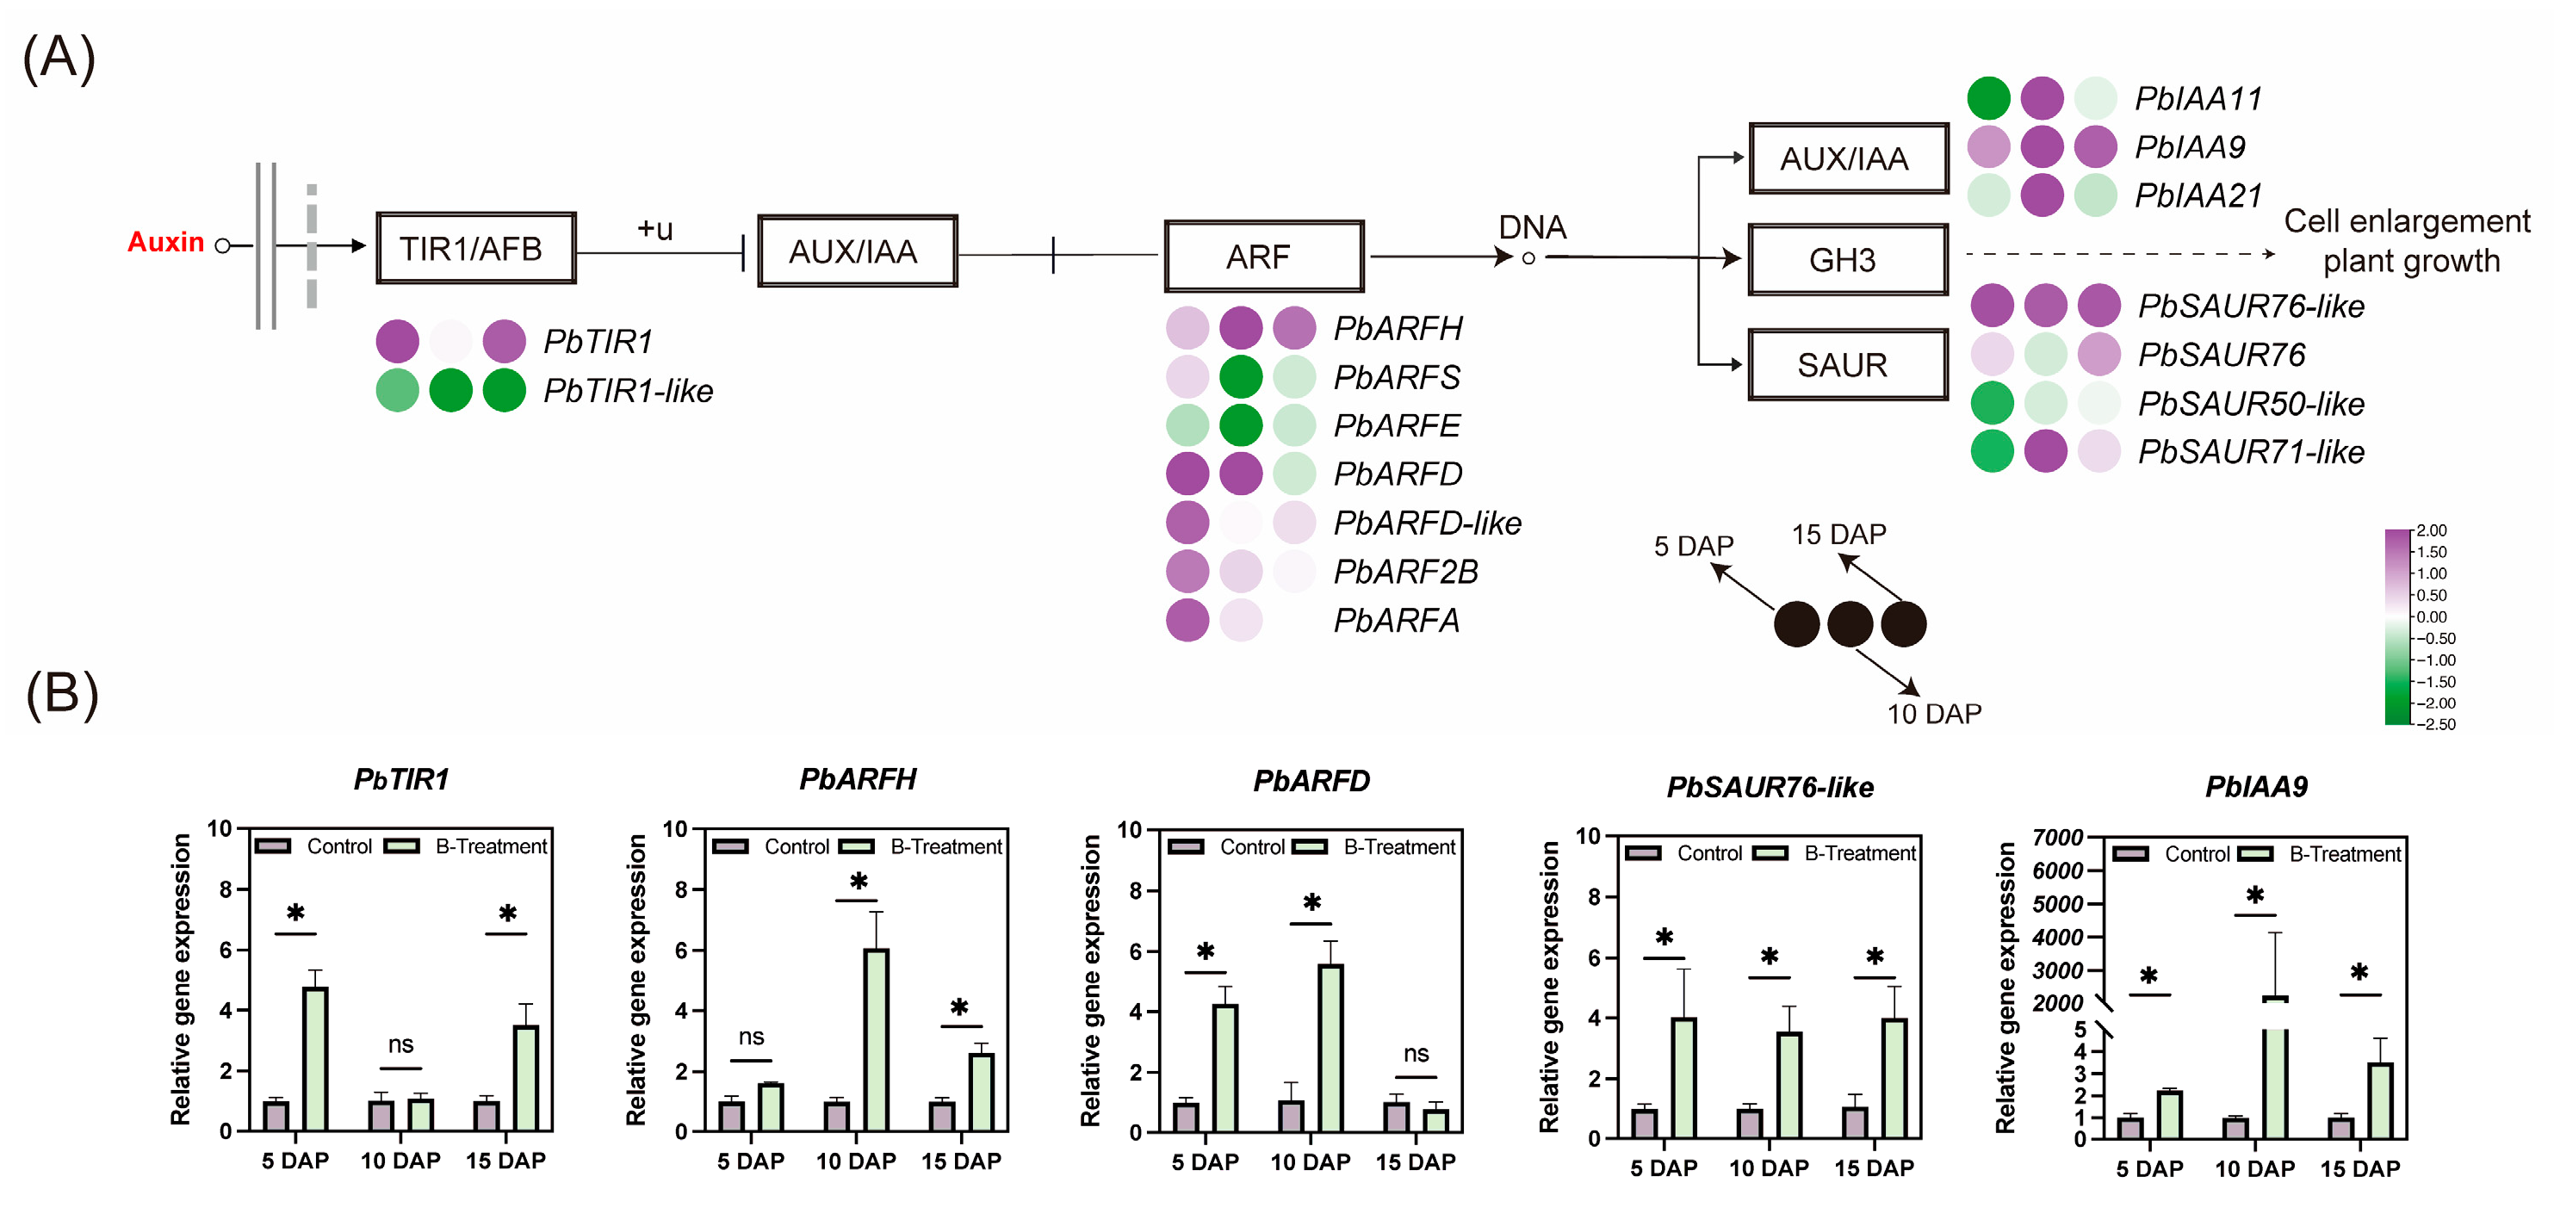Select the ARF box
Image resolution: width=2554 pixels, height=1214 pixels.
point(1263,257)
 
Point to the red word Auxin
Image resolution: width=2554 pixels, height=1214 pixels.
point(165,242)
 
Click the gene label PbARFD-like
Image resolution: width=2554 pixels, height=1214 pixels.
point(1427,523)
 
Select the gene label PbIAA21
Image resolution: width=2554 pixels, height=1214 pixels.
point(2198,195)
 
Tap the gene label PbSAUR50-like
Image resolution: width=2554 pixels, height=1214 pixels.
point(2251,403)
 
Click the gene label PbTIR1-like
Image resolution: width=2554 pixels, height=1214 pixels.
point(628,391)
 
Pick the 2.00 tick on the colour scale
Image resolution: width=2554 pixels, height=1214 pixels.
point(2431,531)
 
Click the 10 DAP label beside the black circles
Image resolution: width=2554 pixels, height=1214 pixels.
point(1933,714)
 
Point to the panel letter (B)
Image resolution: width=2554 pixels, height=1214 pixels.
point(61,694)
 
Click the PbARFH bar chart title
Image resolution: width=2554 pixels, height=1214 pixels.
point(858,779)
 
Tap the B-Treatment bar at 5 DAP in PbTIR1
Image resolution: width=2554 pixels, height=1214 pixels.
point(315,1058)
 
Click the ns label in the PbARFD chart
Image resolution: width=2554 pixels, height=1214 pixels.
point(1416,1054)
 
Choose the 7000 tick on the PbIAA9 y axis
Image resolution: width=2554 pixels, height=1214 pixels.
point(2057,839)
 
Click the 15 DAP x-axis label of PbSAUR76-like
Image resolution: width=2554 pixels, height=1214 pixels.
point(1874,1168)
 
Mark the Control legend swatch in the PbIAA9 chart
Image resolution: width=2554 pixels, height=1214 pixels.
point(2130,854)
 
